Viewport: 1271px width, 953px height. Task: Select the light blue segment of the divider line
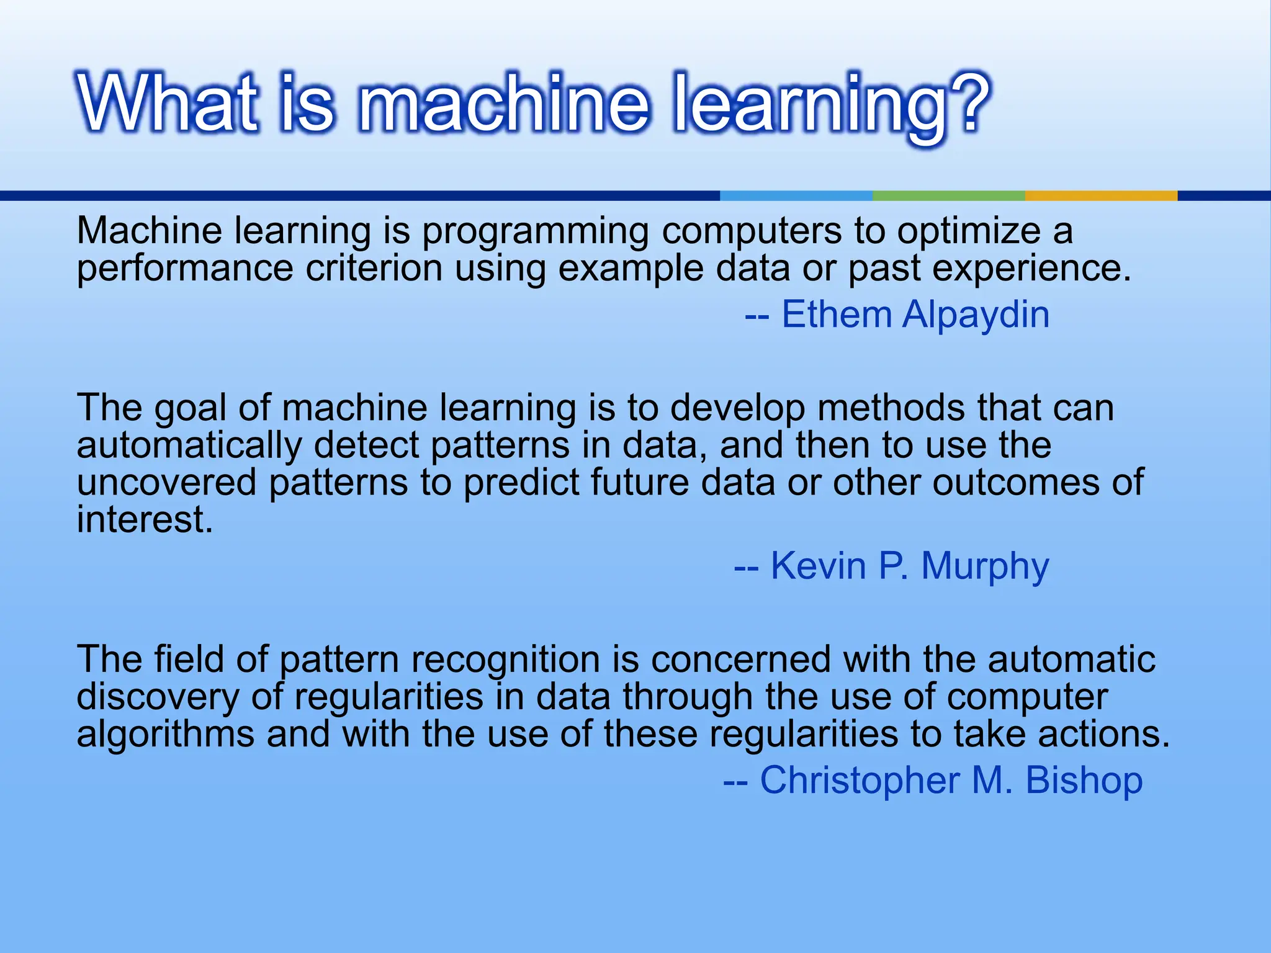coord(796,195)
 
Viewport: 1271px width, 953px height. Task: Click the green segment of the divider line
coord(948,195)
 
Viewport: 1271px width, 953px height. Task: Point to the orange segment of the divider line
coord(1101,195)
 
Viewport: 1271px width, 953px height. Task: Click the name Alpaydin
coord(976,315)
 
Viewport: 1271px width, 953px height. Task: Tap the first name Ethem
coord(837,315)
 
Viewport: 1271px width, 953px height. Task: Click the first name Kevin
coord(818,566)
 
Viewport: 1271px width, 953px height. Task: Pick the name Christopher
coord(860,781)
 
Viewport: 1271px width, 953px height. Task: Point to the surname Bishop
coord(1084,781)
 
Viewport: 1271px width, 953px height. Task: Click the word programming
coord(536,231)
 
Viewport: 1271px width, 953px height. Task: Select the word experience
coord(1031,269)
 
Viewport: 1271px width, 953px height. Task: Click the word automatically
coord(189,446)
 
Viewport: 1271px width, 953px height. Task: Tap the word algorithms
coord(165,734)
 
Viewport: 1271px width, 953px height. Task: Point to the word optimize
coord(968,231)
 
